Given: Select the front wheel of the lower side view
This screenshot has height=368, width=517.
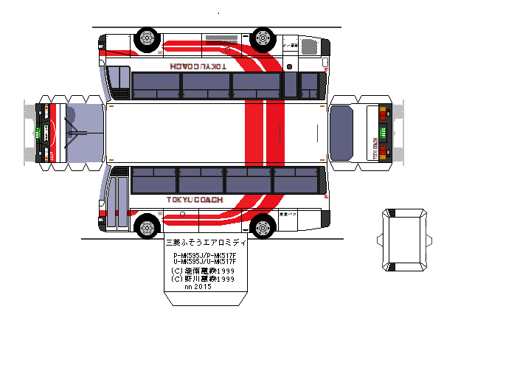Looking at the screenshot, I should [148, 225].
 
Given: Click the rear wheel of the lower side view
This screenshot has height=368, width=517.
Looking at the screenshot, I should [263, 225].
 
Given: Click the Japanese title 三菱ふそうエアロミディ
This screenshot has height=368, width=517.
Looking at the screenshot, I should [202, 241].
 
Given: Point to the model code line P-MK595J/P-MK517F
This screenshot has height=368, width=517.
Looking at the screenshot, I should [204, 254].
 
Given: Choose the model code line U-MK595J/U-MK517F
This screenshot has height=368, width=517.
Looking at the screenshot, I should [204, 261].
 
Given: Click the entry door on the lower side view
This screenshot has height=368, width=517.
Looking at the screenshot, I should [117, 200].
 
